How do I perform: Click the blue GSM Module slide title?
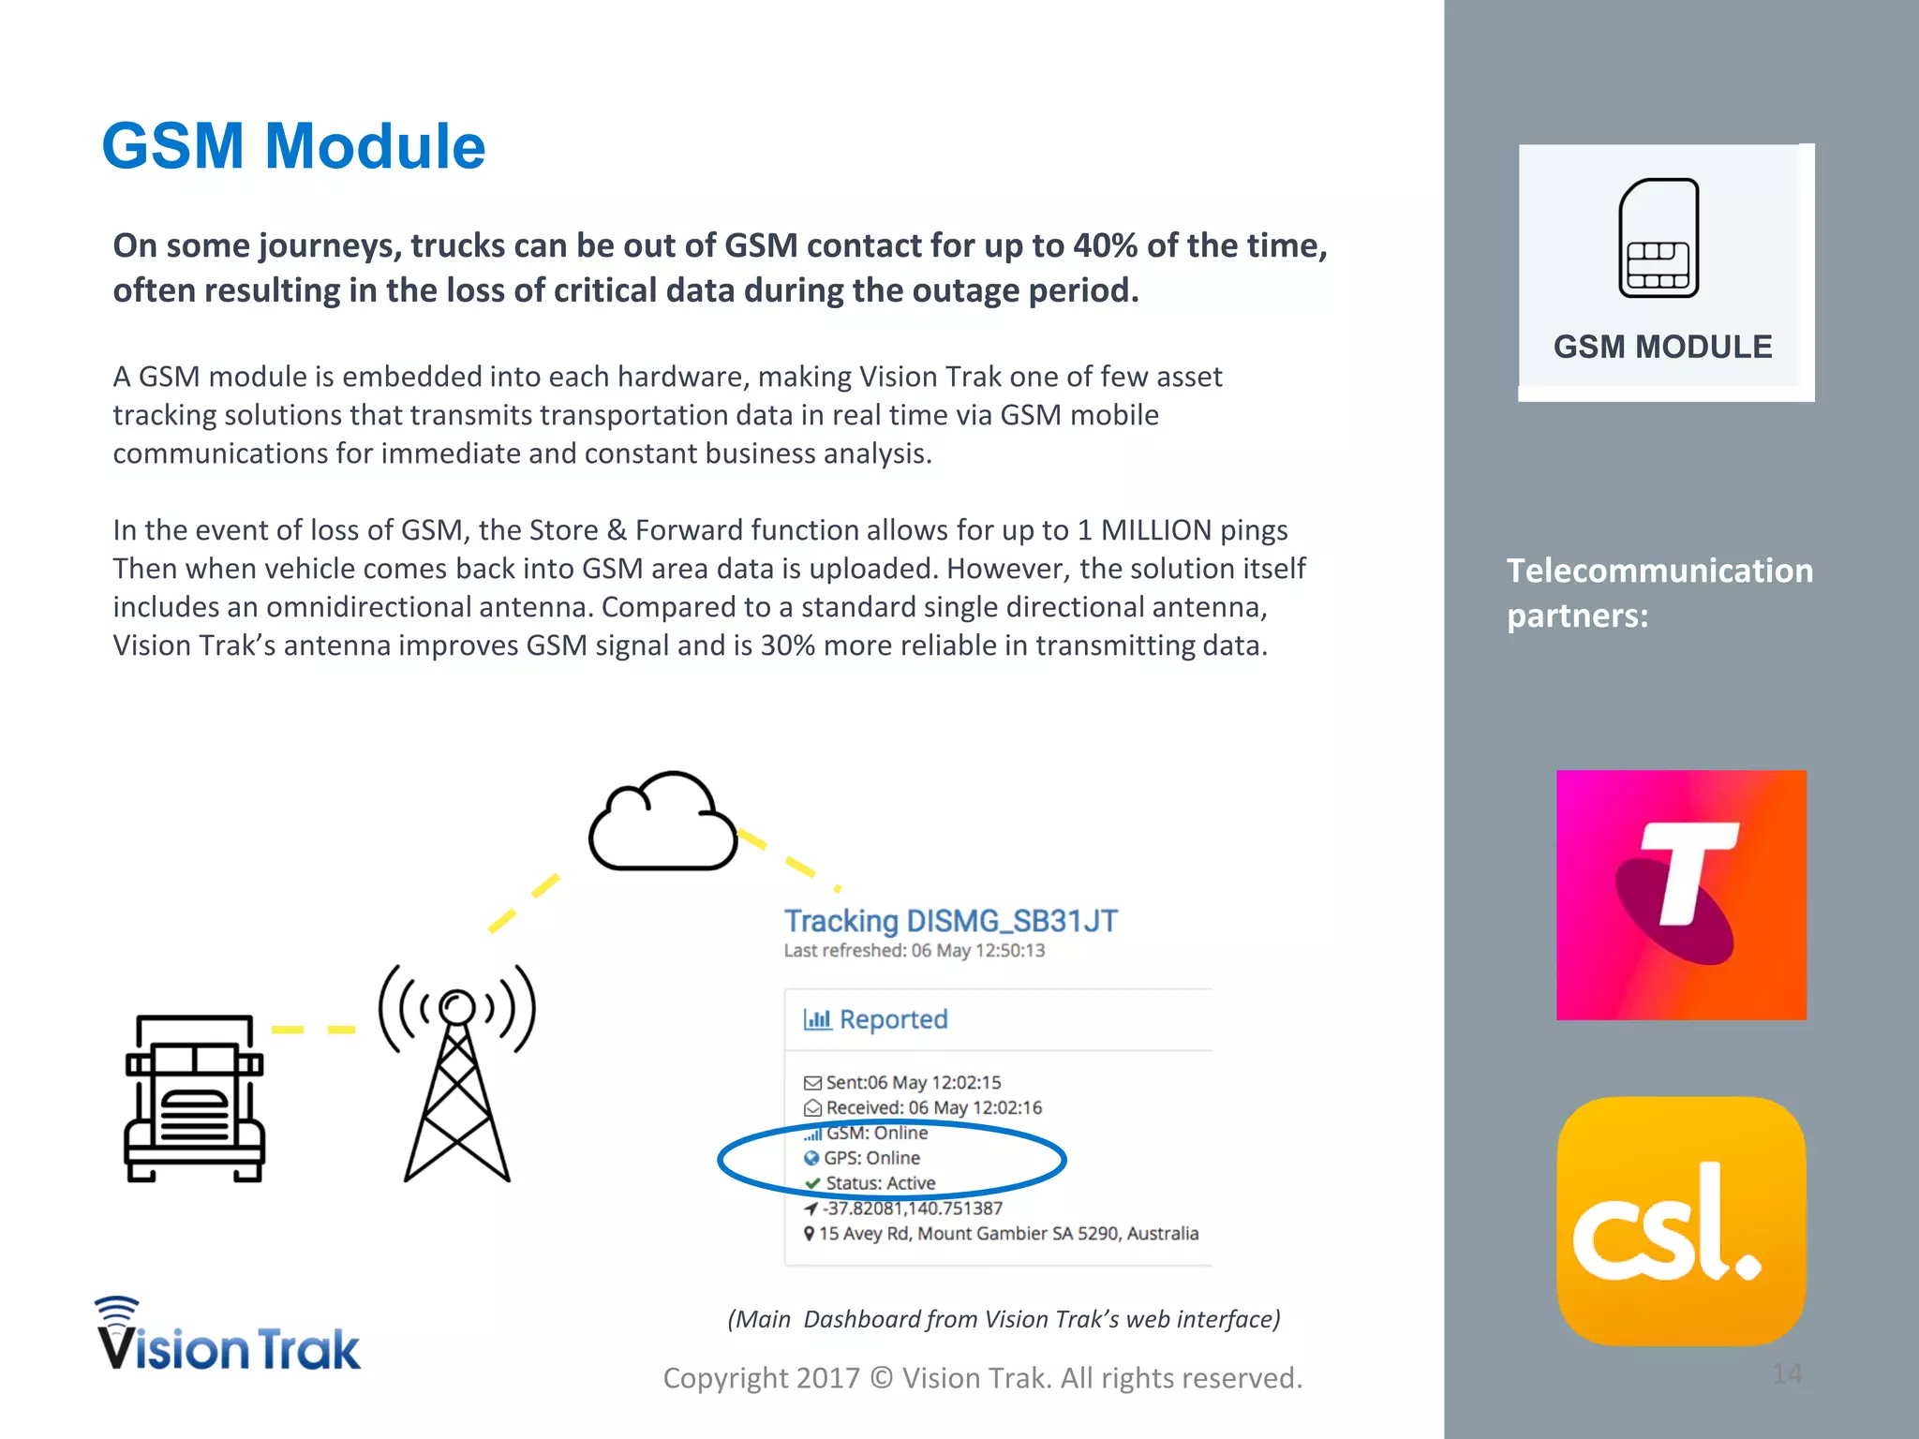(293, 146)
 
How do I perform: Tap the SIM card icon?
(1659, 238)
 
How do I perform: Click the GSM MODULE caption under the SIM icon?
(1662, 347)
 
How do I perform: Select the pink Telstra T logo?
(1681, 895)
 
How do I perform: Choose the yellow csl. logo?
(1681, 1221)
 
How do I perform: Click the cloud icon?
(662, 823)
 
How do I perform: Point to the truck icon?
(195, 1098)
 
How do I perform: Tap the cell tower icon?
(457, 1073)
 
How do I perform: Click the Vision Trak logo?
(228, 1336)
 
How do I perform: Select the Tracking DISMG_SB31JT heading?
(950, 921)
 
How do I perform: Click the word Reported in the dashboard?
(893, 1019)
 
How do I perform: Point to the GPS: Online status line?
(871, 1158)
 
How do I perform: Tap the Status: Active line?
(880, 1183)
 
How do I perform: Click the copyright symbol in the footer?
(881, 1378)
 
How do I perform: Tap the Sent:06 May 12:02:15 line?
(913, 1082)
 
